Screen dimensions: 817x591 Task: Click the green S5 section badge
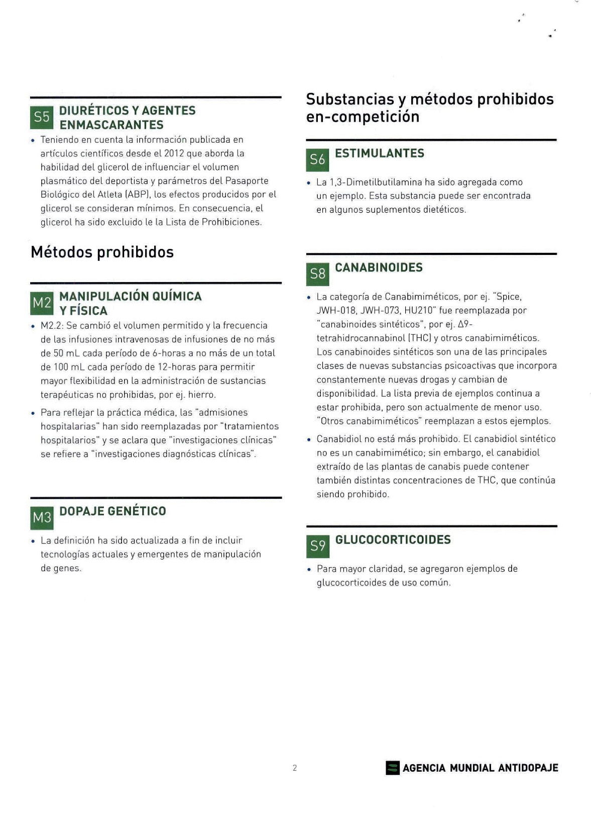pos(42,118)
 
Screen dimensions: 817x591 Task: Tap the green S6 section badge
pos(317,160)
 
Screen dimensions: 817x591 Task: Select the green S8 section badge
pos(317,274)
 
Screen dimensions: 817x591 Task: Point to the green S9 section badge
pos(318,546)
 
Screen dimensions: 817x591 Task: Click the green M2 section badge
pos(42,303)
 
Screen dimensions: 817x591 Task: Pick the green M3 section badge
pos(42,518)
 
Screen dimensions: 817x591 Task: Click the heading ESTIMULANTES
pos(379,153)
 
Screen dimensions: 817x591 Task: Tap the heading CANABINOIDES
pos(379,267)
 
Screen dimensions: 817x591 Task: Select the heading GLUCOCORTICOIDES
pos(393,540)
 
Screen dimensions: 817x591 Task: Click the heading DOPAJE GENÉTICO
pos(112,511)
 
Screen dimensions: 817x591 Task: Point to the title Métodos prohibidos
pos(102,252)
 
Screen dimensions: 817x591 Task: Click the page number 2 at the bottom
pos(295,768)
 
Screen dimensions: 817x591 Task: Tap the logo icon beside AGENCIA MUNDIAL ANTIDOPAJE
pos(393,768)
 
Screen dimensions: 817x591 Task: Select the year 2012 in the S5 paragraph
pos(174,153)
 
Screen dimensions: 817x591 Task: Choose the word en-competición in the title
pos(363,117)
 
